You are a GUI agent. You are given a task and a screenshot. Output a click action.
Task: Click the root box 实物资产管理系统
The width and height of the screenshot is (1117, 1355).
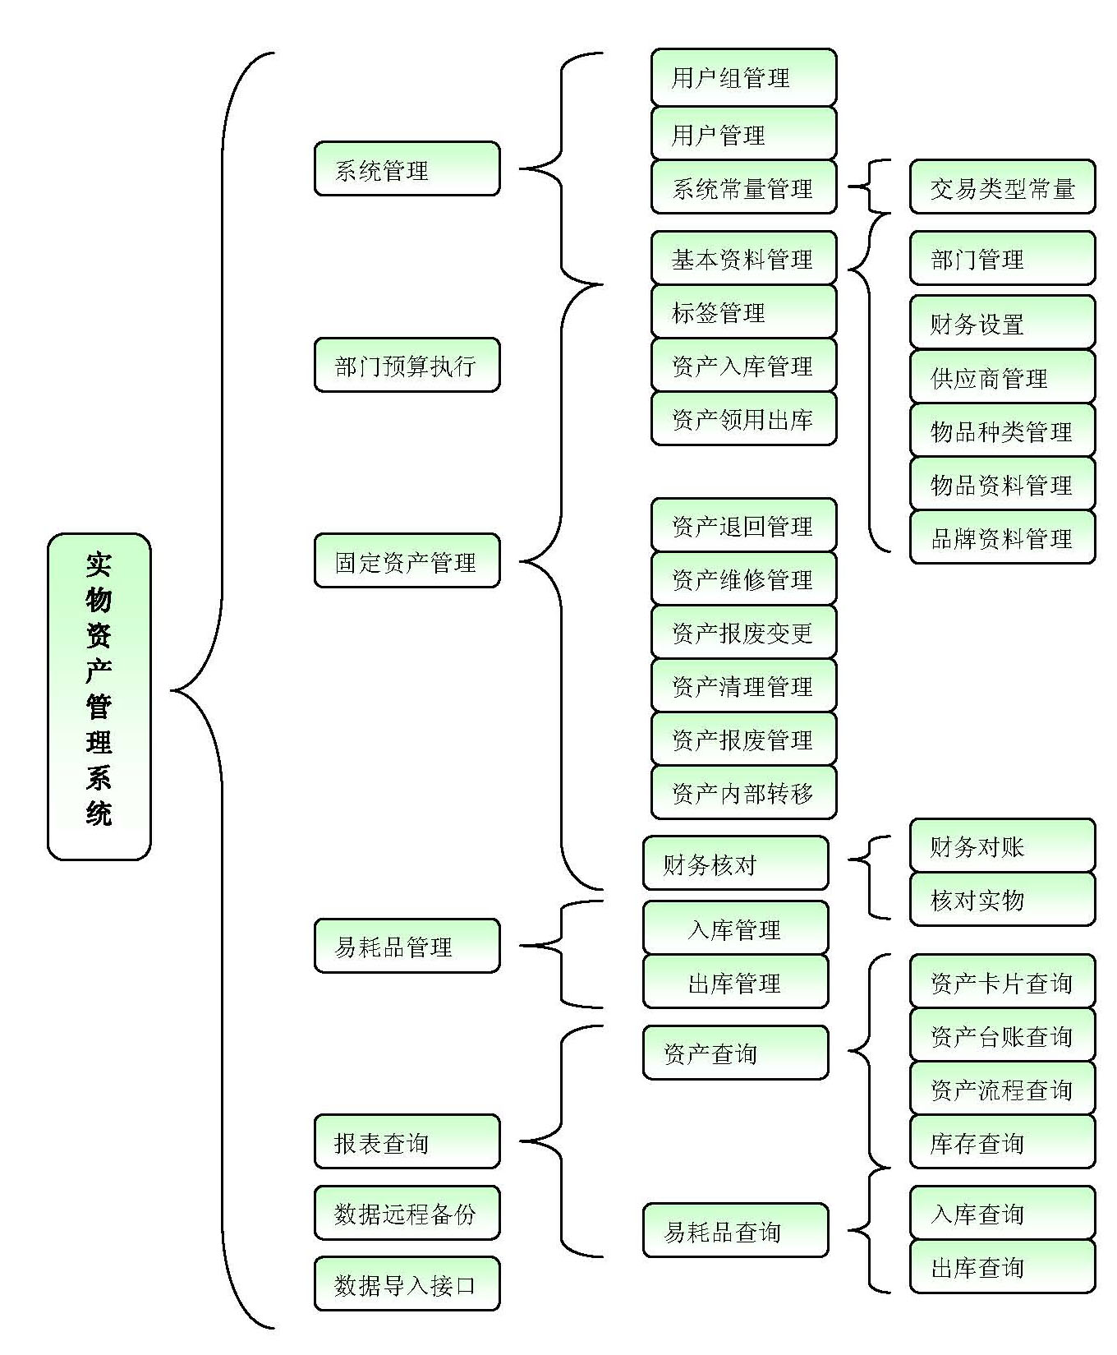tap(99, 697)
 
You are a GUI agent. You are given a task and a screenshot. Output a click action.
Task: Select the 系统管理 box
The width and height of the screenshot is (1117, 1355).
tap(407, 169)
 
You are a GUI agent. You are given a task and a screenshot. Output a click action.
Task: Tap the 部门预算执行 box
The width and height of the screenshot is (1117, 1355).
tap(407, 365)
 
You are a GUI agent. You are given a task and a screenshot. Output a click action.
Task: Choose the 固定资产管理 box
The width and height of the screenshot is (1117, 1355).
tap(407, 561)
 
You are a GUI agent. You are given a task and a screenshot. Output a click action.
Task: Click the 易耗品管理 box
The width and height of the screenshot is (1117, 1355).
tap(407, 946)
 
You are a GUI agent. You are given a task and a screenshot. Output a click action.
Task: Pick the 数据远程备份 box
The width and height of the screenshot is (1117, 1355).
tap(407, 1213)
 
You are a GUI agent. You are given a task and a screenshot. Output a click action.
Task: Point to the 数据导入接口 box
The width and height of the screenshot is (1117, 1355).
tap(407, 1284)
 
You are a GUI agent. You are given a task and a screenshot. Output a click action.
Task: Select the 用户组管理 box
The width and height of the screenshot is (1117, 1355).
tap(743, 77)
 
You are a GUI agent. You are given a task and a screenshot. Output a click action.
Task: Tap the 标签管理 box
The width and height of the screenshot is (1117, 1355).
tap(743, 311)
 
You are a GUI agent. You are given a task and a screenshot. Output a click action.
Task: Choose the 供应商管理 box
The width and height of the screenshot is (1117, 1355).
tap(1002, 377)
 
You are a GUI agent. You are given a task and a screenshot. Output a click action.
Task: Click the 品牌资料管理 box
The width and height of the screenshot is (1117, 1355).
tap(1002, 537)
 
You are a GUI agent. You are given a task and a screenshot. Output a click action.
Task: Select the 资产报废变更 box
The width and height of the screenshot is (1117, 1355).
tap(743, 632)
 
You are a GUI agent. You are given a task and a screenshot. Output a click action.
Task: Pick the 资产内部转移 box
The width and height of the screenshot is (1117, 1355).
tap(743, 792)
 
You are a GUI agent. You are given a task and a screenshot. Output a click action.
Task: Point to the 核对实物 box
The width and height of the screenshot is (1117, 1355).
tap(1002, 899)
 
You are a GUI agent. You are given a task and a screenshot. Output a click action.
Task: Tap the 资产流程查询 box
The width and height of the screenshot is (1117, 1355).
tap(1002, 1089)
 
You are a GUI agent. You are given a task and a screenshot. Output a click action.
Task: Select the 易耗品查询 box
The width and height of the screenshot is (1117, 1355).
tap(735, 1231)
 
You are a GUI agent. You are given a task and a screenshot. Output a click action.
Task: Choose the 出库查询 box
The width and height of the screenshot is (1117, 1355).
tap(1002, 1266)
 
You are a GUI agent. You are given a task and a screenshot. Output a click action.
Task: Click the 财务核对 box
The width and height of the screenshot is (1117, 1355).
tap(735, 863)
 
